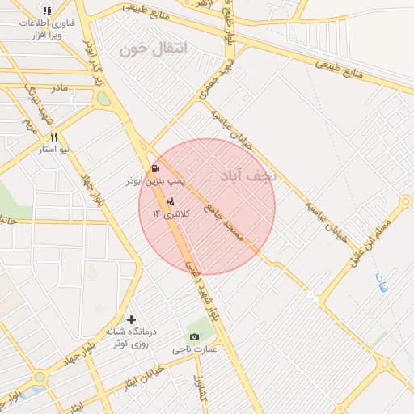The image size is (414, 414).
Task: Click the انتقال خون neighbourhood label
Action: tap(153, 49)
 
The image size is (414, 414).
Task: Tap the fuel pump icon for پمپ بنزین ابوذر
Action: tap(155, 170)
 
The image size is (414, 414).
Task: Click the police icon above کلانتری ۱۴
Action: tap(171, 201)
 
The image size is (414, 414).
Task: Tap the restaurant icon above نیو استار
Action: tap(54, 137)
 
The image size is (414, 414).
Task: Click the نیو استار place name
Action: tap(54, 150)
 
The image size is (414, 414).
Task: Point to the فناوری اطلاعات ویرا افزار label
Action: tap(49, 30)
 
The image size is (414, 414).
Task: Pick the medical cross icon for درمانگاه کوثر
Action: tap(131, 319)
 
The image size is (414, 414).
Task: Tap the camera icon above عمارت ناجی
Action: tap(194, 336)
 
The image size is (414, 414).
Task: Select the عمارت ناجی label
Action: tap(195, 350)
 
